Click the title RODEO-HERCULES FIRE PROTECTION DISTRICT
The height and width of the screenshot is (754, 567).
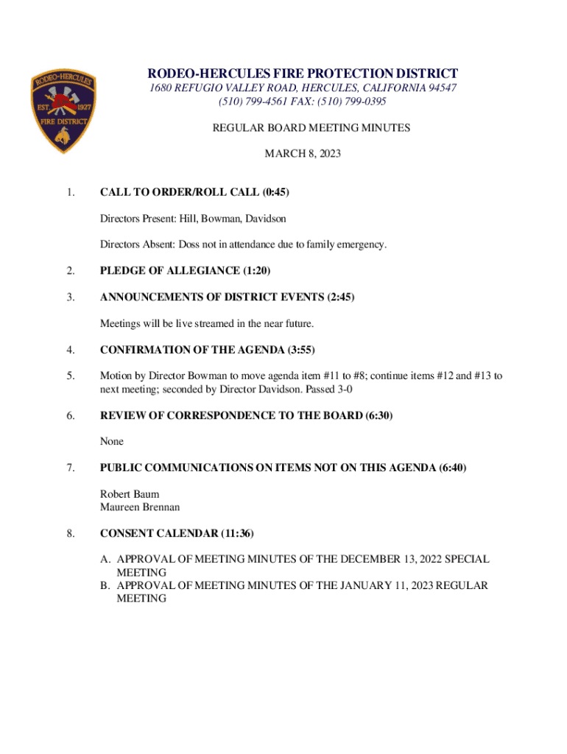tap(303, 74)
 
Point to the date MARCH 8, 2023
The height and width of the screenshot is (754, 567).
tap(303, 154)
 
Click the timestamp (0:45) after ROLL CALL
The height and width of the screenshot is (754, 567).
tap(275, 192)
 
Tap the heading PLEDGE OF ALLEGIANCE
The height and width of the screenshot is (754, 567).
tap(170, 271)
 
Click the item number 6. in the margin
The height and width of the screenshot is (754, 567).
tap(70, 415)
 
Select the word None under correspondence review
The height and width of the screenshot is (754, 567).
tap(112, 441)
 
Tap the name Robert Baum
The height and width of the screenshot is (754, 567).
tap(130, 494)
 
